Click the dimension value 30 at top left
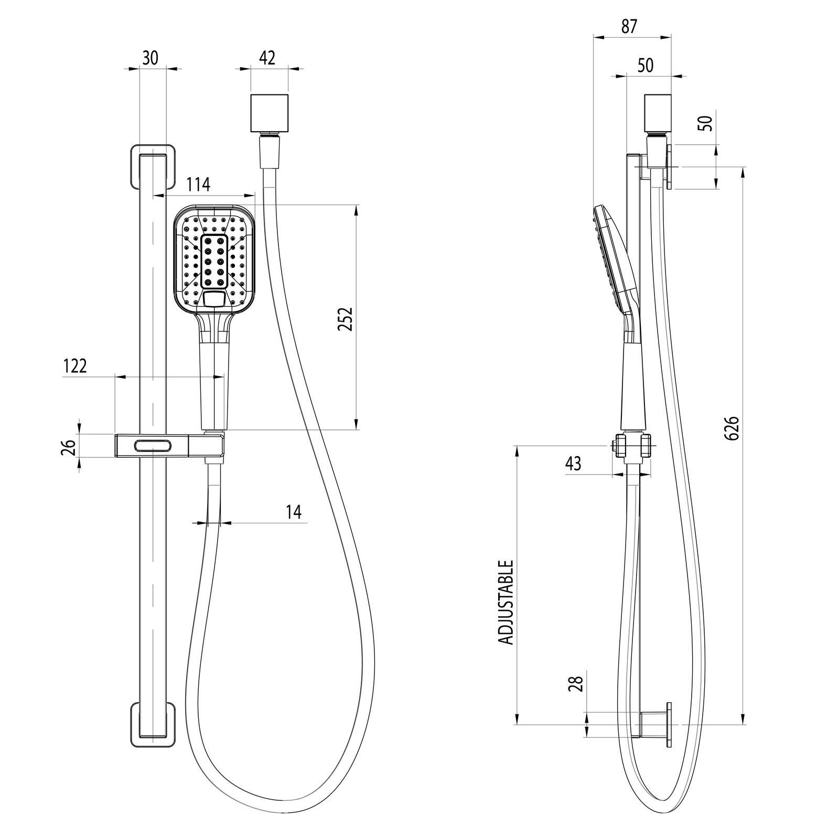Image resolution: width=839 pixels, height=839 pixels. click(150, 58)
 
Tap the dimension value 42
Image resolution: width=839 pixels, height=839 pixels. click(267, 58)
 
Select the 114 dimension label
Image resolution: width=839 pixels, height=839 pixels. click(198, 185)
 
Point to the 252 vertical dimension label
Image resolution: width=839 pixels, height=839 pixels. click(345, 318)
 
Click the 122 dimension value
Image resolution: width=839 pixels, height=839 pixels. click(75, 366)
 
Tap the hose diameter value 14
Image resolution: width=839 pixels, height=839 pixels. click(294, 512)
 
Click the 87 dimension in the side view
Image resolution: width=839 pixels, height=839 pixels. click(629, 26)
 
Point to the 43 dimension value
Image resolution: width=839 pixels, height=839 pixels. click(573, 464)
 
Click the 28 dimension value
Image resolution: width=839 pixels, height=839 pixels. click(576, 684)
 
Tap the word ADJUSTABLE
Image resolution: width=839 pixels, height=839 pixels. click(505, 603)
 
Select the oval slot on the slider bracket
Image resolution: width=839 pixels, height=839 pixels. click(153, 446)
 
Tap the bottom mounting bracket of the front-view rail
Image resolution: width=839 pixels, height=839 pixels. click(153, 724)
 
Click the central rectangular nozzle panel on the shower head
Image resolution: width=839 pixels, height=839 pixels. click(213, 262)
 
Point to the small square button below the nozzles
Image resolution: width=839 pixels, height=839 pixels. click(213, 300)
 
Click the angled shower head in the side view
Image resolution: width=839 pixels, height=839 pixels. click(617, 273)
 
